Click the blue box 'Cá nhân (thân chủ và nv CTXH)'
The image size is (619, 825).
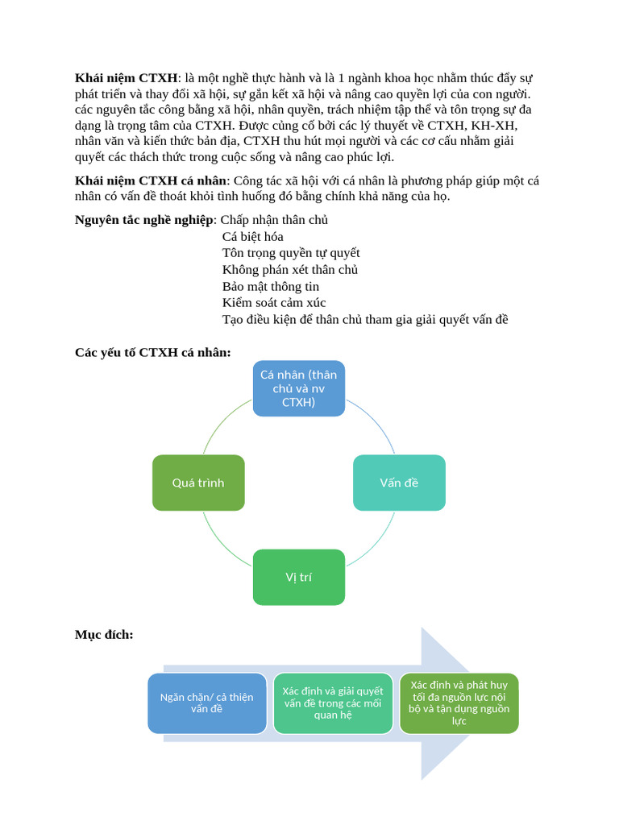click(298, 388)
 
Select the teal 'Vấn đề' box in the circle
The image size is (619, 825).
click(399, 483)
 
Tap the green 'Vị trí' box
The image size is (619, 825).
click(298, 577)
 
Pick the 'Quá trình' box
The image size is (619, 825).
click(198, 483)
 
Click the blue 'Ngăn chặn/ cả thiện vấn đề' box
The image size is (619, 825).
click(206, 703)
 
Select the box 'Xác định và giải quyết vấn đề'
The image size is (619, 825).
click(333, 703)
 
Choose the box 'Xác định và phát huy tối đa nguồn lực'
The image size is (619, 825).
click(459, 703)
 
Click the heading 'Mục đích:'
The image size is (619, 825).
click(104, 635)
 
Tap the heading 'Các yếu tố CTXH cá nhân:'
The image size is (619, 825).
click(153, 352)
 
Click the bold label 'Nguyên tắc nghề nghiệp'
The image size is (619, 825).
click(144, 220)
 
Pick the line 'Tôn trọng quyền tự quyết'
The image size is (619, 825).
click(291, 253)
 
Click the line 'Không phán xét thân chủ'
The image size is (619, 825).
click(290, 270)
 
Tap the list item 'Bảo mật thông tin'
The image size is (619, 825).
click(271, 286)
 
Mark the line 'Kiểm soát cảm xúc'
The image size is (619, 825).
click(274, 303)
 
